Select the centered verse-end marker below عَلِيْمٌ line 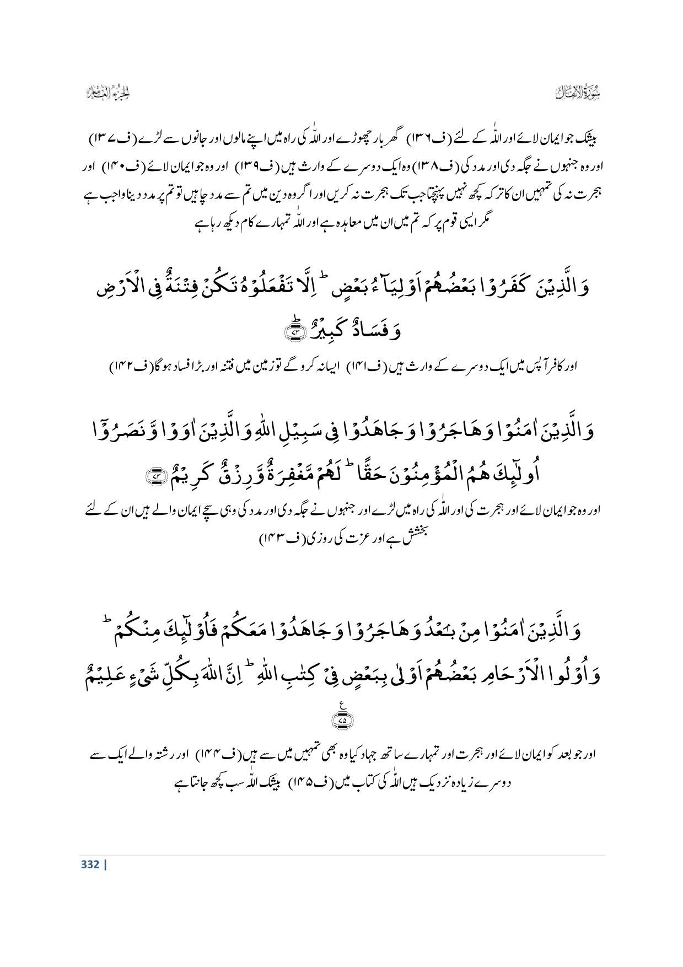(342, 718)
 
